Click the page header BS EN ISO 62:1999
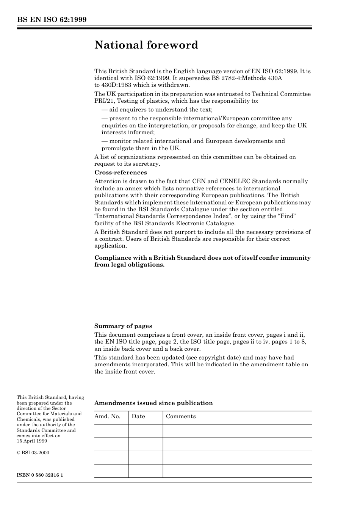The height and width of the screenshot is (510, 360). click(52, 20)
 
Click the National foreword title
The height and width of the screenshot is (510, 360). click(146, 45)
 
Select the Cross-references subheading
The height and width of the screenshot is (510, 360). click(121, 173)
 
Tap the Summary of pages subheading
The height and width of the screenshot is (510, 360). click(123, 326)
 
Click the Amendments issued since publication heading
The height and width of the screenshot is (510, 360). click(153, 403)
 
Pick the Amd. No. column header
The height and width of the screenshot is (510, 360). click(107, 416)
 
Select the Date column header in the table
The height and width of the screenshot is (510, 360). click(138, 416)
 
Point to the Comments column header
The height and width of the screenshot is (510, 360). click(181, 416)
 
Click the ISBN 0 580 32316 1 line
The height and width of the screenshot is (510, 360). click(40, 475)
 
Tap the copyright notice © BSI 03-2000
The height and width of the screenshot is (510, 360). click(33, 453)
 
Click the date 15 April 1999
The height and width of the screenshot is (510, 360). click(32, 441)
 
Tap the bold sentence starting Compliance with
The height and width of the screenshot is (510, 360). click(202, 261)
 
